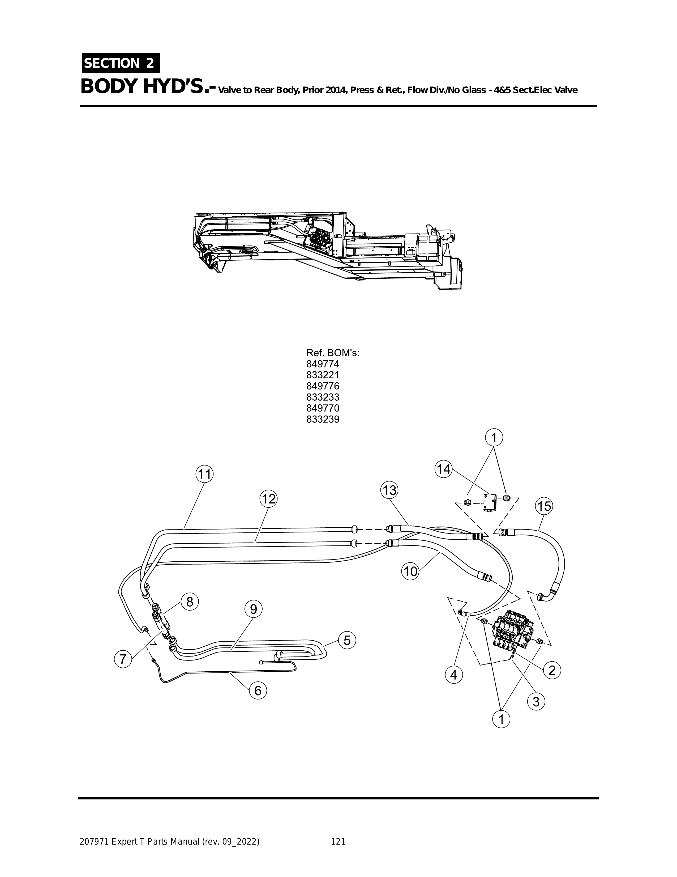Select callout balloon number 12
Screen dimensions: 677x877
tap(268, 499)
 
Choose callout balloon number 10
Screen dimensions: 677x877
tap(410, 571)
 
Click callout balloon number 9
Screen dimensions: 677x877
tap(254, 620)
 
